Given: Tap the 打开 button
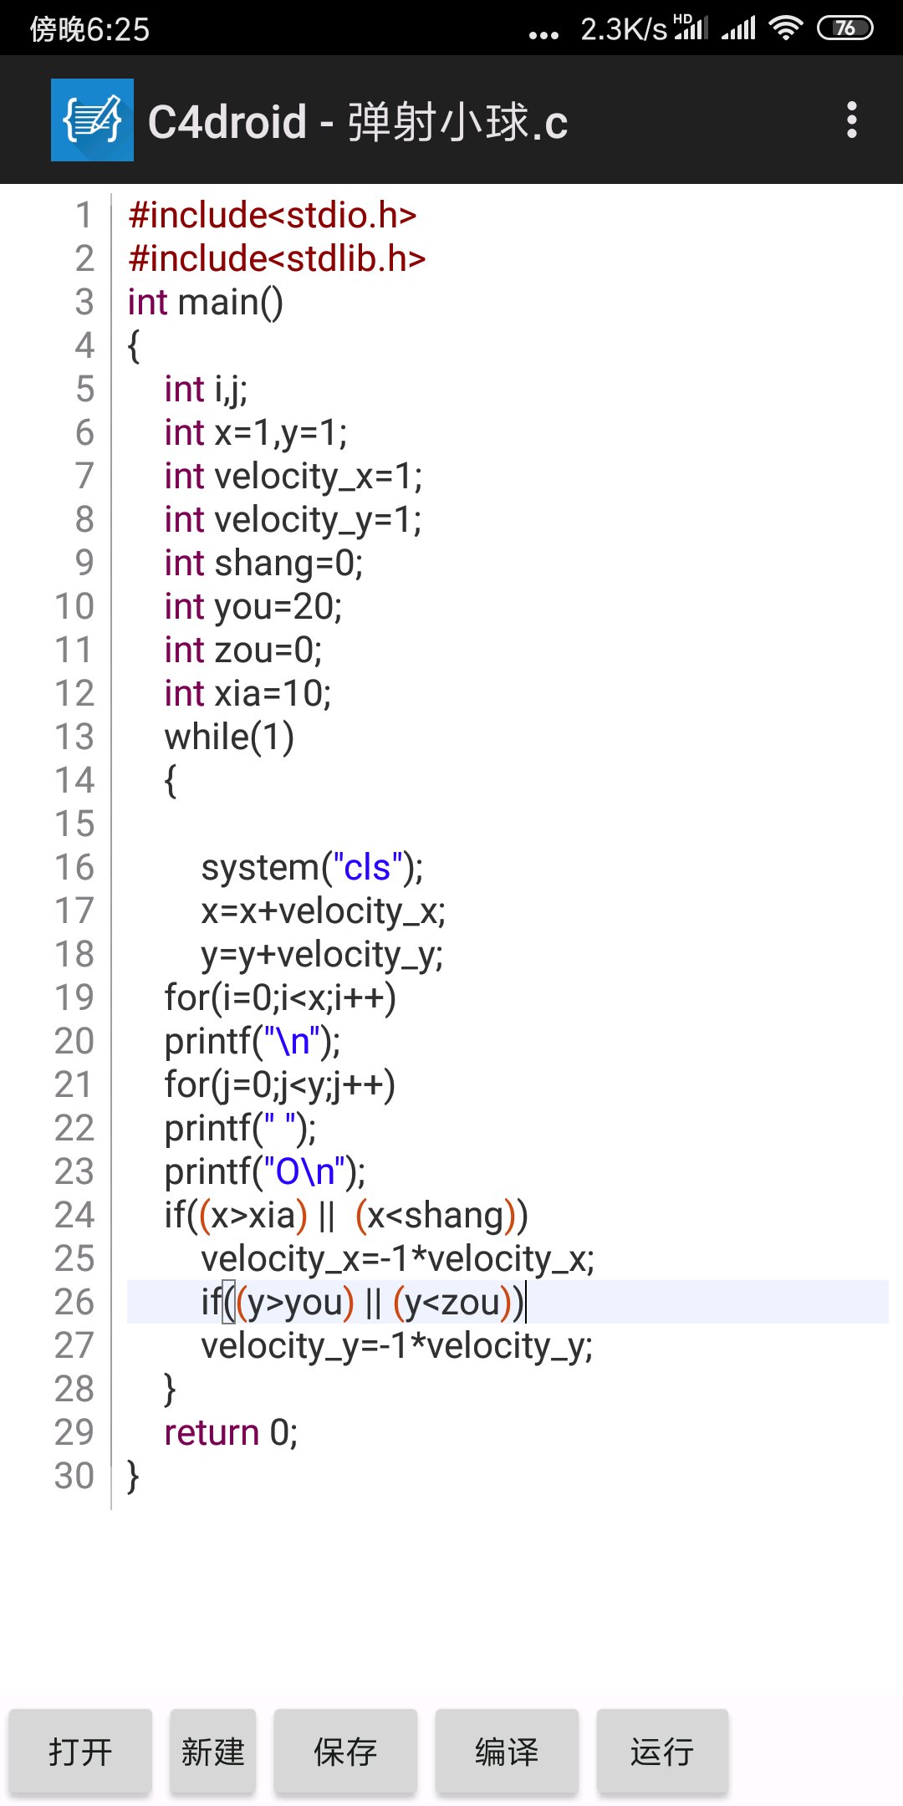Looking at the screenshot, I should click(x=80, y=1752).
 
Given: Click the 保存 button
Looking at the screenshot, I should click(x=345, y=1752).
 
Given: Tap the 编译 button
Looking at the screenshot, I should click(x=507, y=1752).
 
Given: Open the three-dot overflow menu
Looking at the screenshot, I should click(x=851, y=120).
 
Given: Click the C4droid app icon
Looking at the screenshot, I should click(x=92, y=120).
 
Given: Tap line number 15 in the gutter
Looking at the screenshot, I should click(x=74, y=824).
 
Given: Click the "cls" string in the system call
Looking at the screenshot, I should click(x=368, y=867).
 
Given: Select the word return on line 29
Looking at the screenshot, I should click(x=212, y=1432).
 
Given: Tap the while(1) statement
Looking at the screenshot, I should click(x=229, y=737).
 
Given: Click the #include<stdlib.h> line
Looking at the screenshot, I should click(x=277, y=258).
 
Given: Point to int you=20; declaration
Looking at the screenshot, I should click(x=253, y=606).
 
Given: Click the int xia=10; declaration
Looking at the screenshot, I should click(x=247, y=693).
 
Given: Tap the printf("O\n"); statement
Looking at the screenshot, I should click(x=264, y=1171).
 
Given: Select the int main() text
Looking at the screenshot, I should click(x=206, y=302).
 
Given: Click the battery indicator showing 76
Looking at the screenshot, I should click(x=844, y=28).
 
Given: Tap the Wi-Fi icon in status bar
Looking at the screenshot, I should click(x=785, y=28).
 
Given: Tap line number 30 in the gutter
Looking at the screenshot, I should click(x=74, y=1476).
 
